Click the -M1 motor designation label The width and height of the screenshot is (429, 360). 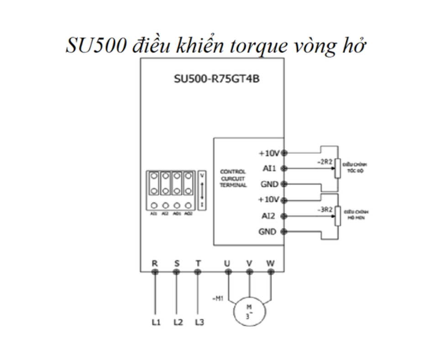[218, 298]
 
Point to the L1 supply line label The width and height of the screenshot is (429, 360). [156, 323]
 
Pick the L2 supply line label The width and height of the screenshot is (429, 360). [178, 323]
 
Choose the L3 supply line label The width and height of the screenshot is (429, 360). [199, 323]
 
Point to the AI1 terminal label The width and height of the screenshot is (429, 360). [269, 168]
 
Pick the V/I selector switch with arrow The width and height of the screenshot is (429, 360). [202, 190]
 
